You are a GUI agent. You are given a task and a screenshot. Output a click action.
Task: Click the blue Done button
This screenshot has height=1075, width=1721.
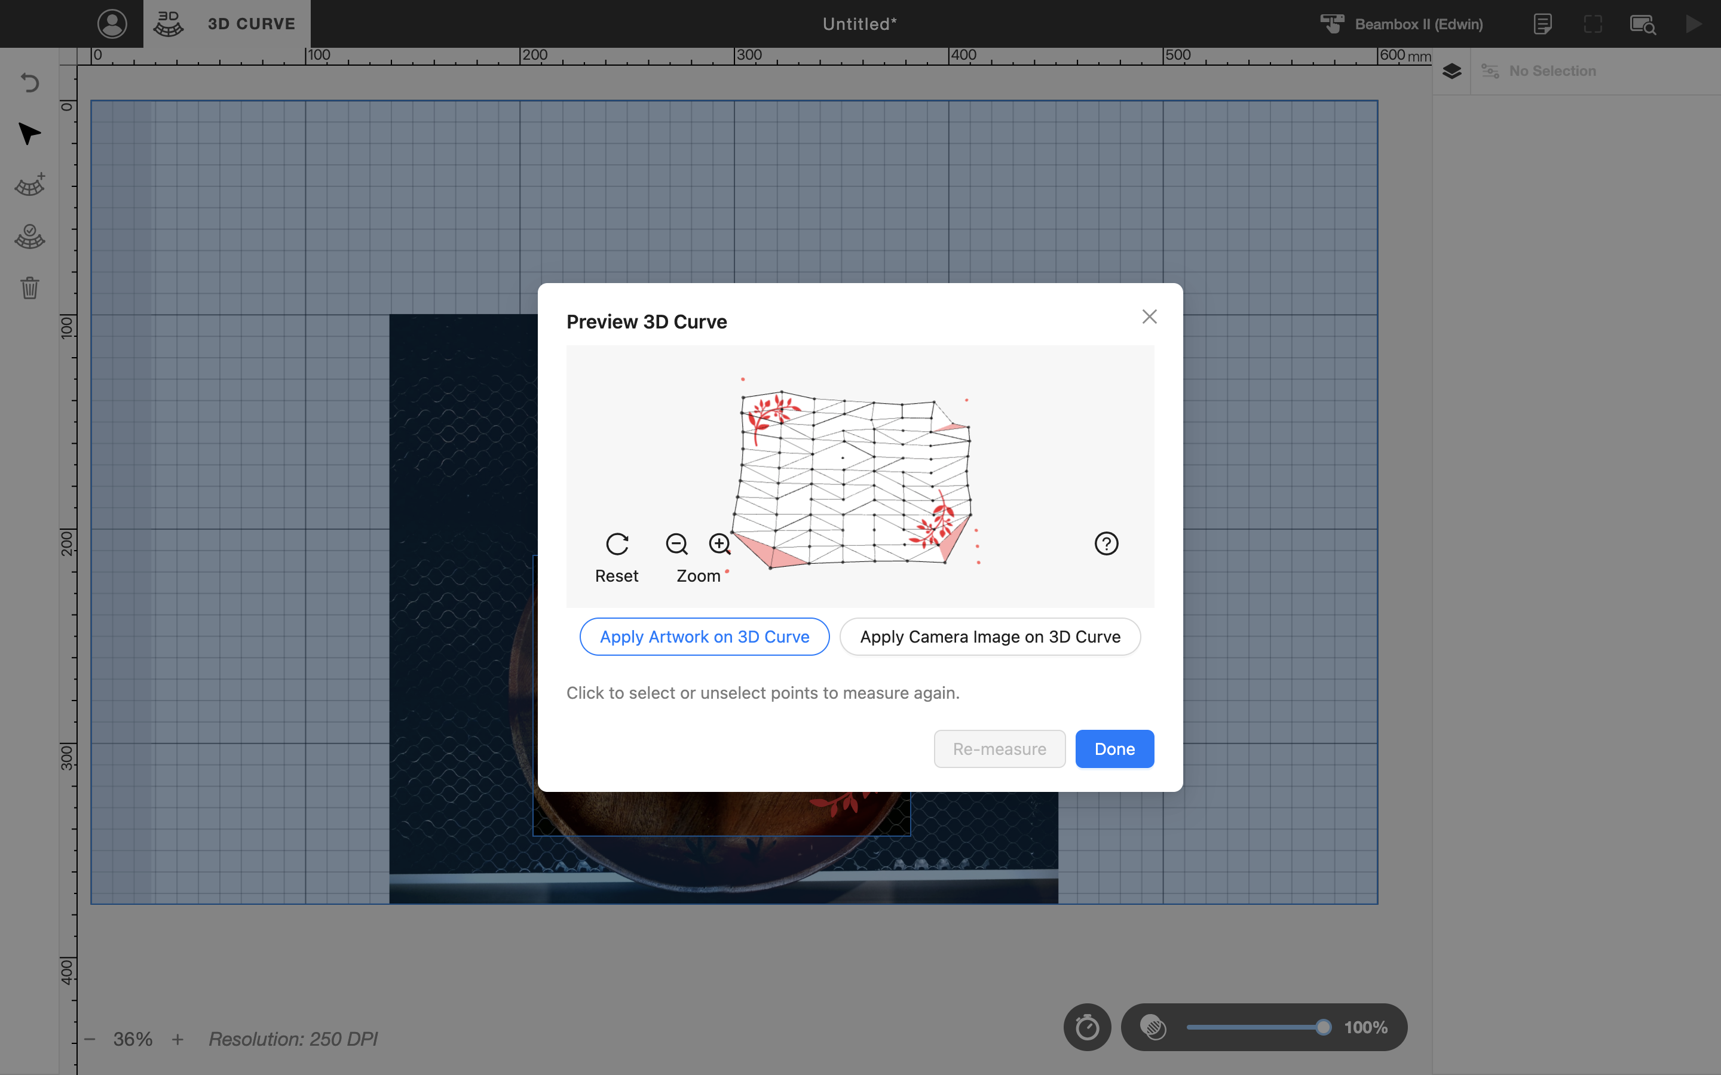[1114, 749]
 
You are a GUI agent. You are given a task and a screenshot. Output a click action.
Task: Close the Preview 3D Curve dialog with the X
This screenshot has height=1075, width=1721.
[1149, 317]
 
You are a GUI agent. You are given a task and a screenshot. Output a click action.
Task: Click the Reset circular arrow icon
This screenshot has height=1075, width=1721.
[617, 544]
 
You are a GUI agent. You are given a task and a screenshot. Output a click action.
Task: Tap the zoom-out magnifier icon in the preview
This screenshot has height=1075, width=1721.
[676, 544]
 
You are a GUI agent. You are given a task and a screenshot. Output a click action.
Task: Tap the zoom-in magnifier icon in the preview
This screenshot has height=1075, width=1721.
[719, 544]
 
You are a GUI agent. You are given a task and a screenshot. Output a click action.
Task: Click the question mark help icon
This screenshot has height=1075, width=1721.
[1106, 544]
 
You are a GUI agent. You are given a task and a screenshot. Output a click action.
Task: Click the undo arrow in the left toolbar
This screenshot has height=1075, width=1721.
[29, 82]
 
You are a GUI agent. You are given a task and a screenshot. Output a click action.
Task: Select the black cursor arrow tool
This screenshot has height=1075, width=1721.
[29, 134]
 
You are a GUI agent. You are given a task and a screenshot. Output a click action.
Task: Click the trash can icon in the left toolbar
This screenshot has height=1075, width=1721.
[29, 287]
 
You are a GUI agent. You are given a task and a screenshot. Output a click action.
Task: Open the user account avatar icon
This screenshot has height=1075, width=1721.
[112, 23]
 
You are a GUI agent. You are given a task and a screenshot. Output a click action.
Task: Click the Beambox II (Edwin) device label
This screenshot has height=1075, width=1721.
[1419, 24]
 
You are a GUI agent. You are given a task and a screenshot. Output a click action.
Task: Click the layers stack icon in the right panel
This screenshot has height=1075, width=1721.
[1451, 70]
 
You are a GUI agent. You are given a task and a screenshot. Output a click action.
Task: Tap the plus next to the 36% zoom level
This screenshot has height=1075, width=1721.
[178, 1039]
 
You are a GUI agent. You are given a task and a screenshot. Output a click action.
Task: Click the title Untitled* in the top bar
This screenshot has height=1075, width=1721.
[860, 24]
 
